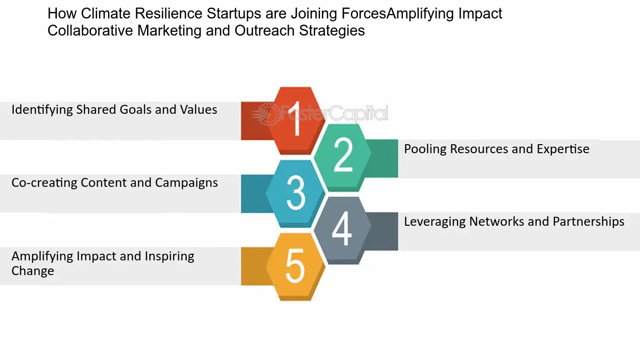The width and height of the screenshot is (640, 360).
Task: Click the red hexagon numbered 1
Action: pos(296,120)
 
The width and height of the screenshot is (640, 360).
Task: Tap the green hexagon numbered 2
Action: pos(342,157)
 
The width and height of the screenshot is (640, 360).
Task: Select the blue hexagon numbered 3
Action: pos(296,194)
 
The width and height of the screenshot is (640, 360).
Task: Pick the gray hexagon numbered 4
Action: pos(342,230)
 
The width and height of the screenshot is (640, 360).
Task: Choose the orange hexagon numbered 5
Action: pos(296,267)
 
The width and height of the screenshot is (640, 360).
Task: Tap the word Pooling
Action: pos(425,149)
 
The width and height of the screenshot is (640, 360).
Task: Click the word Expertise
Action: pos(563,149)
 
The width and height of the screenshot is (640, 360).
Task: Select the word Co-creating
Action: pos(44,183)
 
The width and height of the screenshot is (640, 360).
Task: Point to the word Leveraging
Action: pos(435,222)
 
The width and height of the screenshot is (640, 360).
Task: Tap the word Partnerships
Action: pos(589,222)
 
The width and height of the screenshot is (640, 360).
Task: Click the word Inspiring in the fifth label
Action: pos(169,257)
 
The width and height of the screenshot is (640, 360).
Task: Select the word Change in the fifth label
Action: pos(33,271)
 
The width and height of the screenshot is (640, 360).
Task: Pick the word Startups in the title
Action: pos(234,14)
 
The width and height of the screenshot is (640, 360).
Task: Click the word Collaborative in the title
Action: pos(90,31)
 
